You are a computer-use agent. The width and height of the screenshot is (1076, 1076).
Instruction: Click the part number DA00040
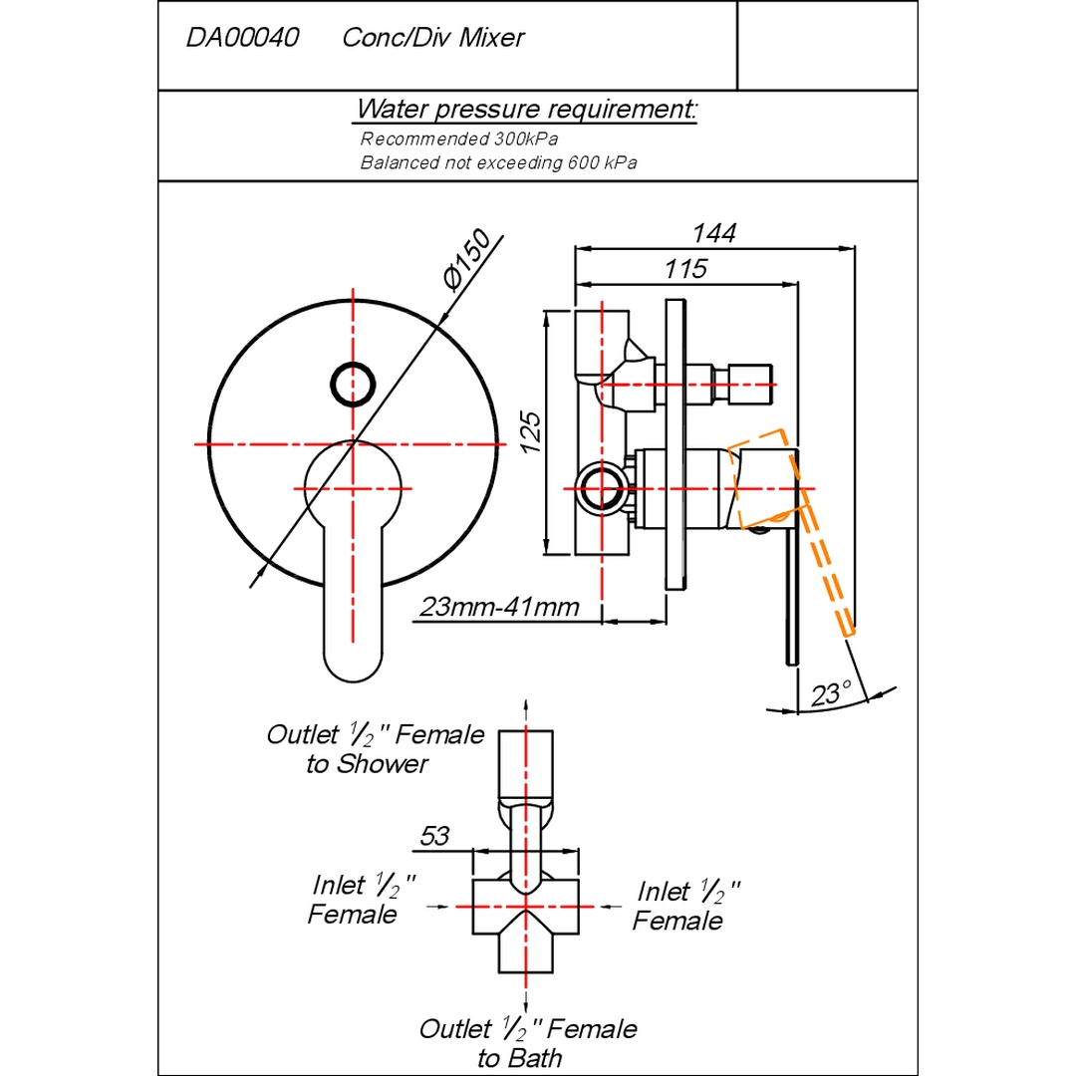(x=242, y=38)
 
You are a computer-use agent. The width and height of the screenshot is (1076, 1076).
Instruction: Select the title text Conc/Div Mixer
(x=433, y=38)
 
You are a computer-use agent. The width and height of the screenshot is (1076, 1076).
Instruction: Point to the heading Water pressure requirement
(x=526, y=110)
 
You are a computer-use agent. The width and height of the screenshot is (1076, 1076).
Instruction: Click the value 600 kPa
(x=603, y=163)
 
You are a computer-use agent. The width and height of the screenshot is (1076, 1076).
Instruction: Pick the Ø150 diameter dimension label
(x=466, y=260)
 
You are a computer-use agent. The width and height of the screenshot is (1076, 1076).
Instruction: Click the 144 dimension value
(x=713, y=233)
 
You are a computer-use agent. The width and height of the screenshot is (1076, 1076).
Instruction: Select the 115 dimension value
(x=684, y=268)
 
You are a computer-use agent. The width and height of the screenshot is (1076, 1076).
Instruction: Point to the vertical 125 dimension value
(x=530, y=432)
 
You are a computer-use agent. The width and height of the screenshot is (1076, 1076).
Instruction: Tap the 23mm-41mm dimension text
(x=499, y=608)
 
